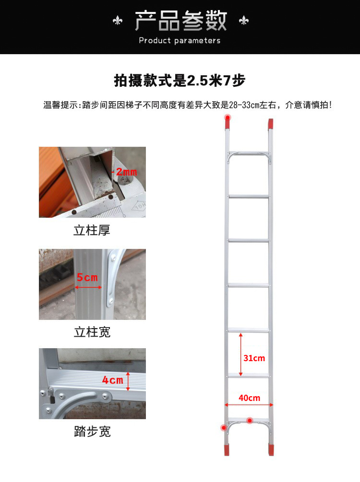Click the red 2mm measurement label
click(126, 172)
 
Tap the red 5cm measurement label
click(87, 277)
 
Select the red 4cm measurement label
click(113, 380)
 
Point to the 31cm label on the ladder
click(254, 358)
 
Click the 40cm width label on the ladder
click(250, 398)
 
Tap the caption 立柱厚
click(92, 230)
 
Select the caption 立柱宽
click(92, 332)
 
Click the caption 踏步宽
click(92, 431)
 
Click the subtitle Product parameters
click(180, 41)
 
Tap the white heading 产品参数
click(180, 21)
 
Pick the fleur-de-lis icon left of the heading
click(118, 21)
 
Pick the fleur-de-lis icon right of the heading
click(244, 20)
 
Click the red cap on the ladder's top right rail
click(270, 124)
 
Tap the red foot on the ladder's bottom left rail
click(227, 449)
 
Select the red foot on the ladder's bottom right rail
click(271, 449)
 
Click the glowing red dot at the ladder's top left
click(228, 118)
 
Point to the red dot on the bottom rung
click(250, 420)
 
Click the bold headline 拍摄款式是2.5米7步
click(180, 81)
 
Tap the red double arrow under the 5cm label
click(88, 287)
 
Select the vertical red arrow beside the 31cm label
click(241, 354)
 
